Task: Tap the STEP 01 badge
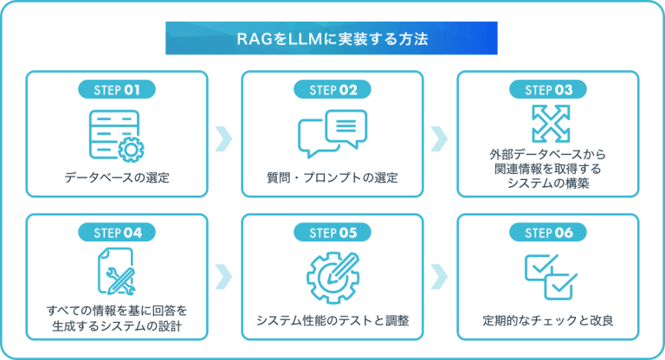coord(117,89)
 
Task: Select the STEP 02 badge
coord(332,89)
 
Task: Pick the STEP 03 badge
coord(548,89)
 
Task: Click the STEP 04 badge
coord(117,232)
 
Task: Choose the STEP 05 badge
coord(332,232)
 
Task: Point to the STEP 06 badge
coord(548,232)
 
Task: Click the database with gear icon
coord(117,135)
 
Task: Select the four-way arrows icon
coord(548,123)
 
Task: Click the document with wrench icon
coord(117,272)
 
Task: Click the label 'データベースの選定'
coord(117,179)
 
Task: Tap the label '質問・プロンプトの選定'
coord(332,179)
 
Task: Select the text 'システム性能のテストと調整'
coord(332,321)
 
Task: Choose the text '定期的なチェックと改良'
coord(548,321)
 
